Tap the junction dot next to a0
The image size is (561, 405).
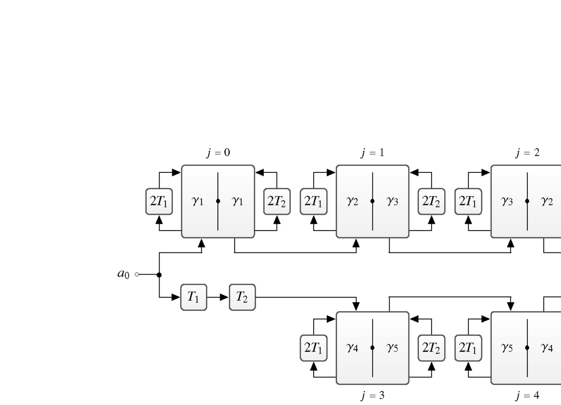tap(159, 274)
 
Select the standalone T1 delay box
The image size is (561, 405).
tap(194, 297)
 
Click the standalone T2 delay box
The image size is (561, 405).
tap(242, 297)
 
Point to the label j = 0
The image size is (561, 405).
tap(218, 154)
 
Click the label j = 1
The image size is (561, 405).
tap(372, 154)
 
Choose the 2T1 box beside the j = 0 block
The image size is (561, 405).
tap(159, 202)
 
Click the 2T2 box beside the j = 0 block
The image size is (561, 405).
tap(277, 202)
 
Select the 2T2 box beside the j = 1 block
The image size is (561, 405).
tap(431, 202)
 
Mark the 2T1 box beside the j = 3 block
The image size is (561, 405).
tap(314, 348)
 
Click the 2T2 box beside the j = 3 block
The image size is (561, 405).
tap(431, 348)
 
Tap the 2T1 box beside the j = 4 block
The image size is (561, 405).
tap(468, 348)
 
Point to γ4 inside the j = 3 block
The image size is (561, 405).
tap(352, 348)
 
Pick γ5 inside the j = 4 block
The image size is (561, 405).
tap(507, 348)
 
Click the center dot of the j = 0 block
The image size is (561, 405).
tap(218, 202)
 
